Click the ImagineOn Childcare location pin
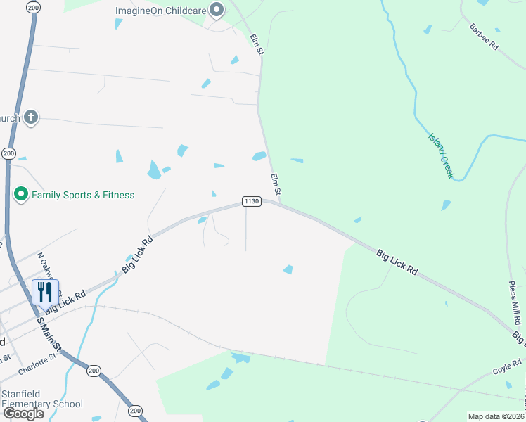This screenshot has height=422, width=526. (217, 11)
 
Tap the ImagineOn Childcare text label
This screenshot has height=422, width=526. (161, 11)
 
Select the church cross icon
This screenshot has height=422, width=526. (30, 117)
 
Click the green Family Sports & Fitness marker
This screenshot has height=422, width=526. (21, 194)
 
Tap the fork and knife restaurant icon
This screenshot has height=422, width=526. (45, 292)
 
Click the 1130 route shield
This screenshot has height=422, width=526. (252, 202)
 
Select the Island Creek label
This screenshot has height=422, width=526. (441, 155)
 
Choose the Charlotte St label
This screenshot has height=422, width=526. (38, 359)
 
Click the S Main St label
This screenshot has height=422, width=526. (50, 335)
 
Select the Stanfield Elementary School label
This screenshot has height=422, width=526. (42, 399)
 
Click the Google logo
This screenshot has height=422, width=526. (24, 414)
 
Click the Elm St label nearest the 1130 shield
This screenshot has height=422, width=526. (276, 184)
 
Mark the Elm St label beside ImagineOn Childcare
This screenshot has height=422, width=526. (256, 44)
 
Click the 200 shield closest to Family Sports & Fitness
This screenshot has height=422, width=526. (8, 153)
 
